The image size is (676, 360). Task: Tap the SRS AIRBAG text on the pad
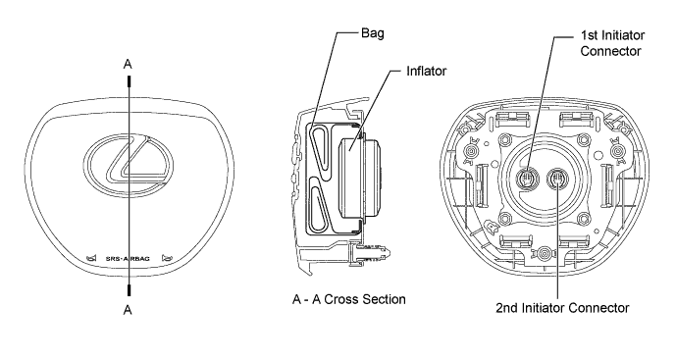(128, 259)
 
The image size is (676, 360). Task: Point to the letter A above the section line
(128, 64)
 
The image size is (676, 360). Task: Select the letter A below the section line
(128, 310)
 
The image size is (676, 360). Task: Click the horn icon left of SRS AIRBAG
(91, 258)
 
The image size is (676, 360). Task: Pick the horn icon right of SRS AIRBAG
(167, 258)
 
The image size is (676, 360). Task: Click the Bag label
(373, 33)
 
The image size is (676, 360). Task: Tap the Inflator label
(427, 72)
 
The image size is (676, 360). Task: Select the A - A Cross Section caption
(348, 299)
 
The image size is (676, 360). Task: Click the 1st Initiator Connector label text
(612, 43)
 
